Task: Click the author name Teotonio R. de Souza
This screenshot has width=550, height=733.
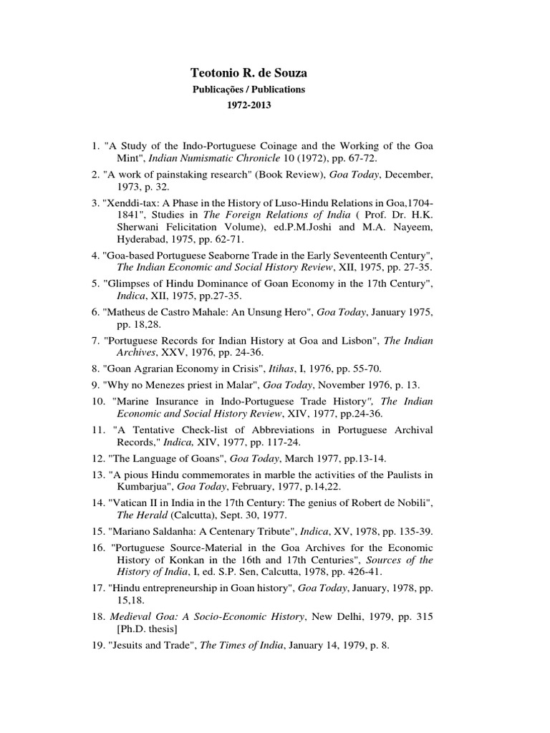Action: click(247, 72)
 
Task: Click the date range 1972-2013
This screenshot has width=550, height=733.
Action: click(249, 105)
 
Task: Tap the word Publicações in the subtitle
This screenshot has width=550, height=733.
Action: click(221, 89)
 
